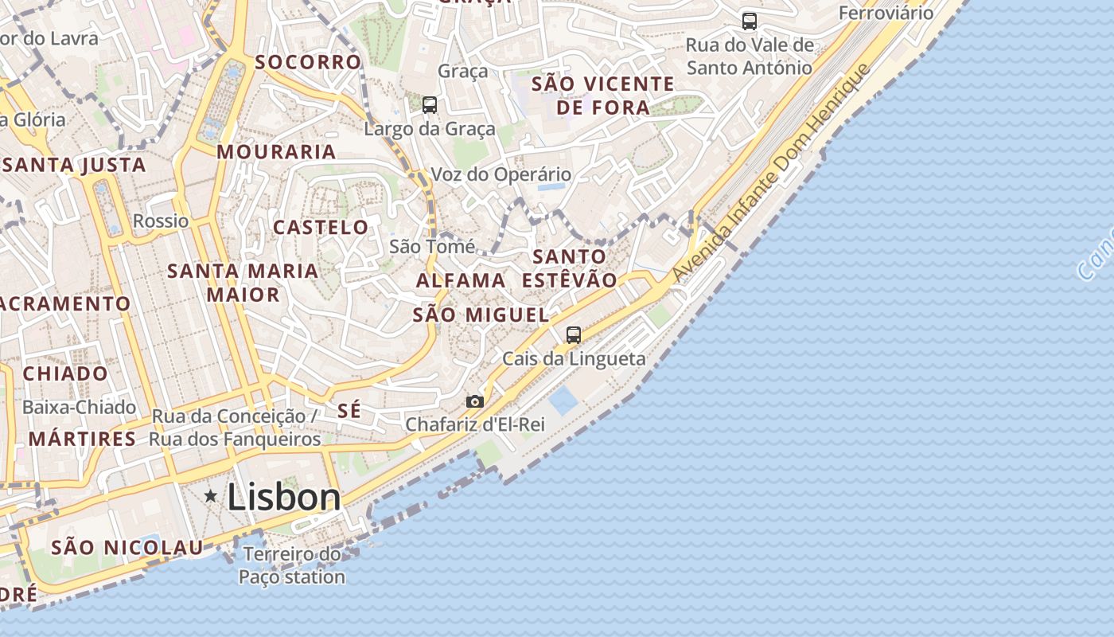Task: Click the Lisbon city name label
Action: (284, 498)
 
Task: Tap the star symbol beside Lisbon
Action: (211, 496)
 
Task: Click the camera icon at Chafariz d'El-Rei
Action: (475, 401)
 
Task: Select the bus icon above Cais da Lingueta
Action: (574, 334)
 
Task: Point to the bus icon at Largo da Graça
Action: (430, 104)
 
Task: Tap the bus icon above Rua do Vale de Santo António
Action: (750, 21)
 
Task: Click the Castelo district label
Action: (321, 228)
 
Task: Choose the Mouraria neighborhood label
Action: (276, 152)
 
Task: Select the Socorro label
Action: (308, 62)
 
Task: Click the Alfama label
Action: (461, 280)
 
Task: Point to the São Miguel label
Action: (481, 315)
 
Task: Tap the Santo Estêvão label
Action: (570, 268)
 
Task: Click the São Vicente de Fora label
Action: (603, 96)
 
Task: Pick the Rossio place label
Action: (161, 221)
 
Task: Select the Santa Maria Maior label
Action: (243, 283)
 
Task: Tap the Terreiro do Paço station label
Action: (292, 565)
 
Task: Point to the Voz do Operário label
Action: (501, 174)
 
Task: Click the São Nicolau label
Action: (127, 548)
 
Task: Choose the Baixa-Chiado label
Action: (79, 408)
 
